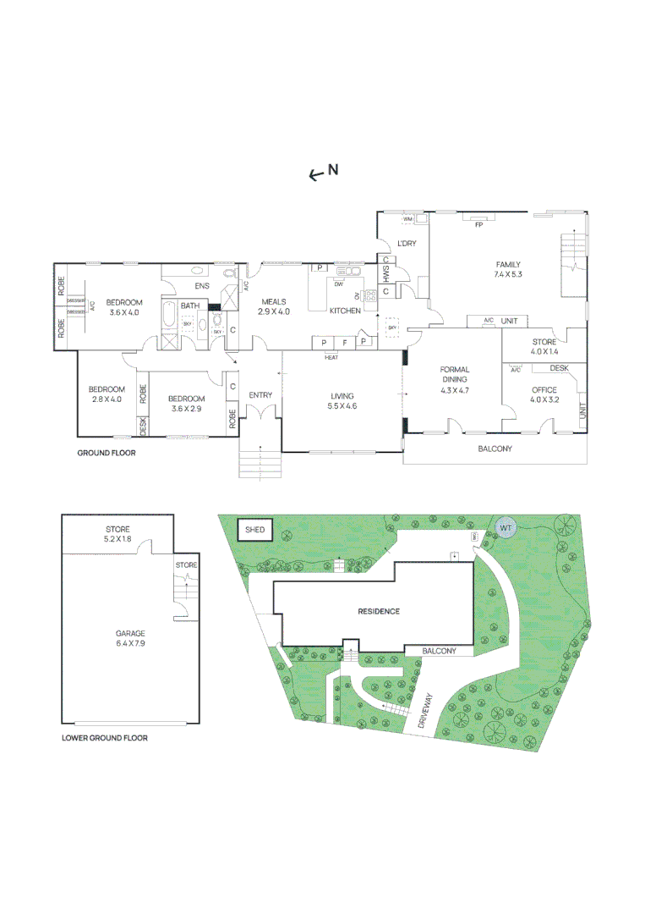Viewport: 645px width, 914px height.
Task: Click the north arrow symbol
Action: pos(315,173)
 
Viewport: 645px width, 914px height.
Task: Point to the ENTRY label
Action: pos(260,395)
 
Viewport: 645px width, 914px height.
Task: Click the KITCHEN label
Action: pos(345,311)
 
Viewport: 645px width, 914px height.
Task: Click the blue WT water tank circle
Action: pos(506,528)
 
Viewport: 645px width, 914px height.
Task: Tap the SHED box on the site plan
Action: pos(254,531)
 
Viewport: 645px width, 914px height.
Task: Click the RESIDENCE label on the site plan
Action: pos(378,611)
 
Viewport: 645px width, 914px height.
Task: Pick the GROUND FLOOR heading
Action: pos(106,453)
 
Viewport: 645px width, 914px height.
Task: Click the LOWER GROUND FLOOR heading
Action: pos(105,738)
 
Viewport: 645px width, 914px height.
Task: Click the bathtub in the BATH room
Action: pos(167,317)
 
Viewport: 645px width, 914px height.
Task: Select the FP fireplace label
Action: pos(478,224)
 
